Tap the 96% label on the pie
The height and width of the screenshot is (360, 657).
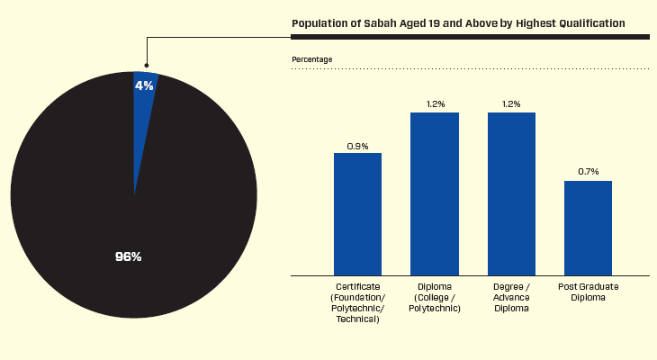[x=129, y=256]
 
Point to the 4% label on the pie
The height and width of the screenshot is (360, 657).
[x=144, y=85]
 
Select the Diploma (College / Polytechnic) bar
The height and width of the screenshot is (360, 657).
[x=435, y=193]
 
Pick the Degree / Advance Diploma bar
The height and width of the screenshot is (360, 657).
[x=511, y=193]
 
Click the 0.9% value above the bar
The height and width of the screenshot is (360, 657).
[x=357, y=145]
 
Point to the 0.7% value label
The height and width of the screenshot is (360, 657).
[x=588, y=172]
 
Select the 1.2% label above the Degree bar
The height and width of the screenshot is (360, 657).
[x=511, y=103]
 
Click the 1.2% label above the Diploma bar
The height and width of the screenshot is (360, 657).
[x=435, y=103]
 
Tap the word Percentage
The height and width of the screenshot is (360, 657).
[x=311, y=59]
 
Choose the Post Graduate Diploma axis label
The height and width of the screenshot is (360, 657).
[x=588, y=292]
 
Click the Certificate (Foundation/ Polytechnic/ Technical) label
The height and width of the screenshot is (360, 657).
[x=357, y=302]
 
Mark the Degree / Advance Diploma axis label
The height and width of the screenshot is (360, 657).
[x=511, y=297]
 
